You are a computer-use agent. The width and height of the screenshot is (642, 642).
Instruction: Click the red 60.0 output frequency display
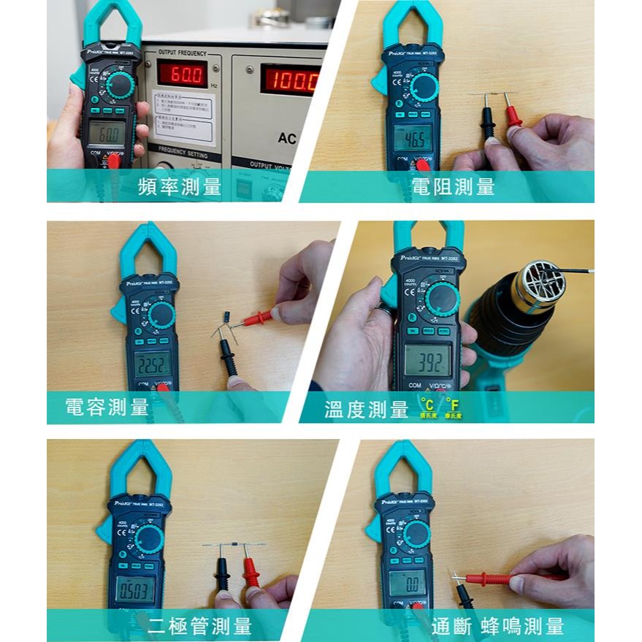tap(183, 74)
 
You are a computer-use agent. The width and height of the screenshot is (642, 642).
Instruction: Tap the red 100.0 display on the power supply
tap(291, 79)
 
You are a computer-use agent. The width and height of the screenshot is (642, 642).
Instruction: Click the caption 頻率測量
tap(180, 187)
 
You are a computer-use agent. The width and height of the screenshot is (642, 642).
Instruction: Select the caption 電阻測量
tap(453, 187)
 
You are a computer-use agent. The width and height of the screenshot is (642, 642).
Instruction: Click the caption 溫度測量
tap(366, 410)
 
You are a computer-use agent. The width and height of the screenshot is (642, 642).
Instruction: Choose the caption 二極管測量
tap(199, 626)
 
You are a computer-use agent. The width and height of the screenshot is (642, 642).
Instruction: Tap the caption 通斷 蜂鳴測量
tap(497, 626)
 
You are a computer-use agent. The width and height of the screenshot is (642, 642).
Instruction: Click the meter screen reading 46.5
tap(413, 137)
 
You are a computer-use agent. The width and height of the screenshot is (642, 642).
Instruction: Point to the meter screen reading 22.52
tap(152, 363)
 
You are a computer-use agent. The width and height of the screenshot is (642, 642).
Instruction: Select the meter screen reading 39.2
tap(427, 360)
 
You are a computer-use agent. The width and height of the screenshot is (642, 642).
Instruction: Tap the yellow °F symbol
tap(453, 404)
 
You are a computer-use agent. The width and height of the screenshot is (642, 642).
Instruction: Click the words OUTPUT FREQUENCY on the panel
tap(182, 53)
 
